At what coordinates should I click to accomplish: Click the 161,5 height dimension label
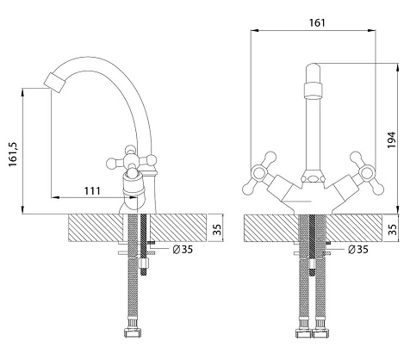(x=14, y=154)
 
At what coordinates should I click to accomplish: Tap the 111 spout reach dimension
(x=92, y=191)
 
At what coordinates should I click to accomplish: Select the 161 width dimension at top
(x=317, y=22)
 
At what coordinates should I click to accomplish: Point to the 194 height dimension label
(x=392, y=140)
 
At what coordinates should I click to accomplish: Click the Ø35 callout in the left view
(x=183, y=250)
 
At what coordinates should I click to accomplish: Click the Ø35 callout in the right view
(x=357, y=249)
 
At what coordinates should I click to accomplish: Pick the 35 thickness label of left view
(x=218, y=229)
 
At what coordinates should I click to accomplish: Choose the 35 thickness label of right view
(x=393, y=229)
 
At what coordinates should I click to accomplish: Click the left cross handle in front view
(x=260, y=173)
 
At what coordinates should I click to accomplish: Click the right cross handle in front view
(x=366, y=173)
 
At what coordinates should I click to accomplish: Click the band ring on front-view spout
(x=313, y=90)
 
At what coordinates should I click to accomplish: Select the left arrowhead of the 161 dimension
(x=255, y=30)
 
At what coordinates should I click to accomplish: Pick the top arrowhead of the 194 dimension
(x=398, y=68)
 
